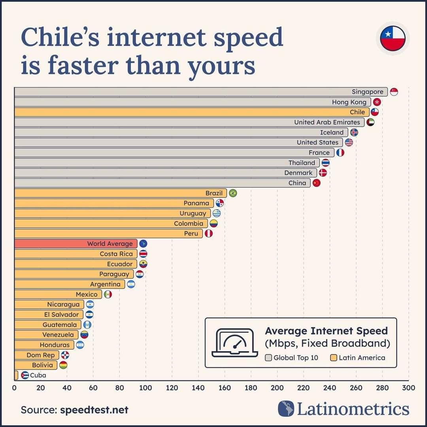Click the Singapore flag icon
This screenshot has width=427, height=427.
(x=394, y=92)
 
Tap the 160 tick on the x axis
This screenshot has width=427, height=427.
(x=225, y=388)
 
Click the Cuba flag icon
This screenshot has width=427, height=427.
(x=25, y=375)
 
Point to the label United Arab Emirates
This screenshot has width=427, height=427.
(x=327, y=122)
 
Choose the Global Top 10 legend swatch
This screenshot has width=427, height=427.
(x=268, y=358)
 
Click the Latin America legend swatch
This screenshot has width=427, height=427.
(x=334, y=358)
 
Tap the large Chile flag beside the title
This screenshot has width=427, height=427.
(x=393, y=38)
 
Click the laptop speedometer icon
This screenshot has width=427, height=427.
(x=234, y=343)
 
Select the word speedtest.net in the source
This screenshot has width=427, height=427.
(x=94, y=410)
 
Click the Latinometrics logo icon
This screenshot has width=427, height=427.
(x=286, y=409)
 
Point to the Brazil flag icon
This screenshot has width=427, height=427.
(x=233, y=193)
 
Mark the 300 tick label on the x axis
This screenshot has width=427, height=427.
(x=409, y=388)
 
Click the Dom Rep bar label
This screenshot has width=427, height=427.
(x=41, y=355)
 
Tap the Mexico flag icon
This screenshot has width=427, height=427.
(x=108, y=294)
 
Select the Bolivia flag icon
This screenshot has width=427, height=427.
(x=63, y=365)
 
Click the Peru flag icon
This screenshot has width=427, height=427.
(x=208, y=234)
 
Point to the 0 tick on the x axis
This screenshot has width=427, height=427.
(x=14, y=388)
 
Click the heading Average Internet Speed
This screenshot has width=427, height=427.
(x=326, y=331)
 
